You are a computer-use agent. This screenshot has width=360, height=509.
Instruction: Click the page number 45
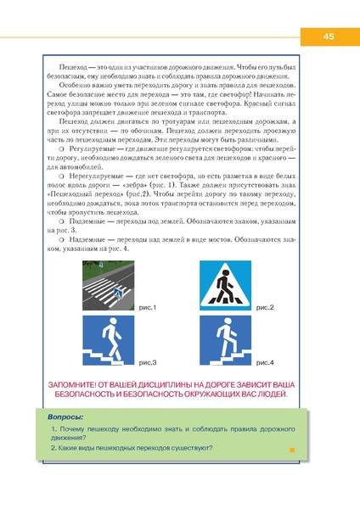[328, 36]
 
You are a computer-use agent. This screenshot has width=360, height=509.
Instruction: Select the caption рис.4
[265, 362]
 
